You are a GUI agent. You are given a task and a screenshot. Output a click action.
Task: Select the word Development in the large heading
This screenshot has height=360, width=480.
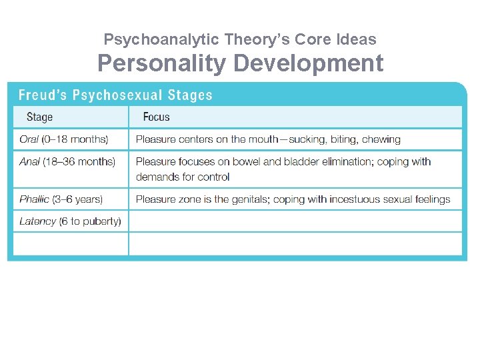(x=309, y=63)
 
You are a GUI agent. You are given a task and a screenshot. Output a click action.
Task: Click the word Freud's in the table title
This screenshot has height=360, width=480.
(x=42, y=95)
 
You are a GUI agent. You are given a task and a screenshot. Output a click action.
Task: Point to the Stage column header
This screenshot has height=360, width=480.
(x=39, y=117)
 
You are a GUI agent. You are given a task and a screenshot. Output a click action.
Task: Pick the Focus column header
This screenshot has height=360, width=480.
(x=156, y=117)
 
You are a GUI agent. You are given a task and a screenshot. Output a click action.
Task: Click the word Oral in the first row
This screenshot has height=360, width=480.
(x=28, y=139)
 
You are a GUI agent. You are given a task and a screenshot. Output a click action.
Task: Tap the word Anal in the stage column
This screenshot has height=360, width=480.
(x=29, y=161)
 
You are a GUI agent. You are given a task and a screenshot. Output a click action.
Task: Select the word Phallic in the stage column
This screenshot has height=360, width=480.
(x=34, y=199)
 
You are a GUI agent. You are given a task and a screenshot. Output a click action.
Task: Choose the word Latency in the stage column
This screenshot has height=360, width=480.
(x=37, y=221)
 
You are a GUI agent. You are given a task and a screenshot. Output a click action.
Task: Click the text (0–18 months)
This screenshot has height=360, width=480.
(x=75, y=139)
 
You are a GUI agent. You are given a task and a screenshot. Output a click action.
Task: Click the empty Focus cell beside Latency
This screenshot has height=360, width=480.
(x=295, y=221)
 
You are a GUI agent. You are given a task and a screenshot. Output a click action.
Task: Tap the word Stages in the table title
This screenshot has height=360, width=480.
(x=189, y=95)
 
